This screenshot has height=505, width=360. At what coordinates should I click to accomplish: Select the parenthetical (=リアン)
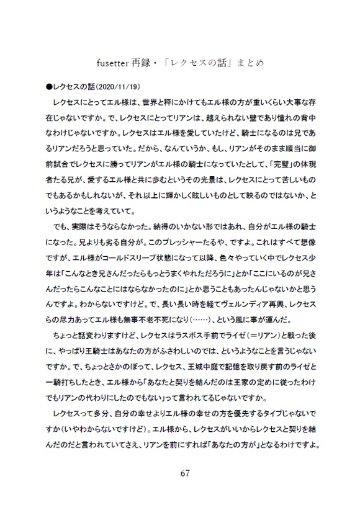pyautogui.click(x=266, y=335)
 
